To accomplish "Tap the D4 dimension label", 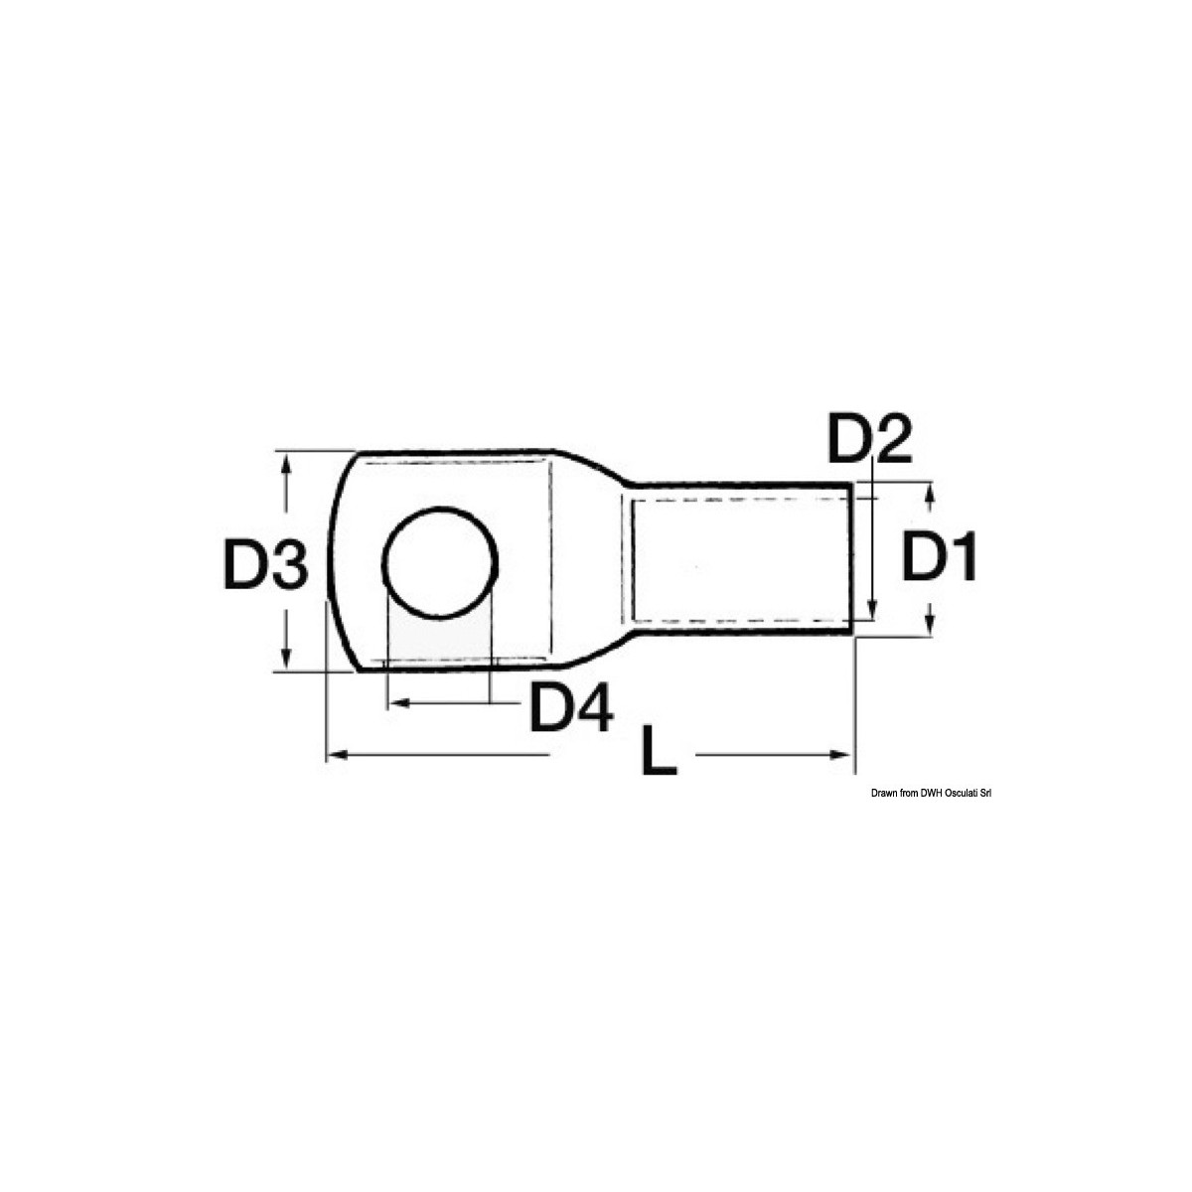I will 570,708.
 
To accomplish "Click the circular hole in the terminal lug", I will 439,563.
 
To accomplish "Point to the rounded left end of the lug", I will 334,563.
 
